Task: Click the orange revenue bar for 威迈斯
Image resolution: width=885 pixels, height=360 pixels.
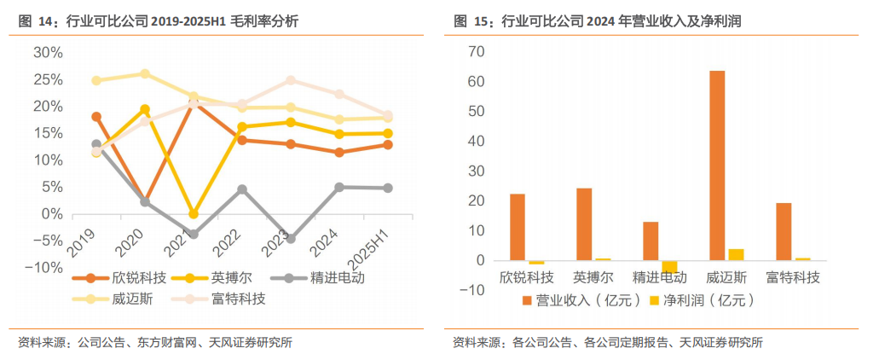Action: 717,165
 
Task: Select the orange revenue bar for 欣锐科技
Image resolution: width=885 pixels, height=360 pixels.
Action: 518,227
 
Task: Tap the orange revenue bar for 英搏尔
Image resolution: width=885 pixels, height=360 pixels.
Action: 584,224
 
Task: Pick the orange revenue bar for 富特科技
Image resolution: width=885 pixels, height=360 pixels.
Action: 784,231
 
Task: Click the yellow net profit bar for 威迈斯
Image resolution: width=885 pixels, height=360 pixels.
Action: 736,254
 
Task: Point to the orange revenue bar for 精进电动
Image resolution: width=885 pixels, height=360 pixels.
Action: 651,241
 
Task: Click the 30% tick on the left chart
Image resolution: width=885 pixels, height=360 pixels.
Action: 48,52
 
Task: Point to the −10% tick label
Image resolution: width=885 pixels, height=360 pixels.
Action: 43,268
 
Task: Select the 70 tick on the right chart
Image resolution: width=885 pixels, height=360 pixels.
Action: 477,52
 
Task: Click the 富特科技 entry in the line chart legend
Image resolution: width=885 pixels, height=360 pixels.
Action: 238,299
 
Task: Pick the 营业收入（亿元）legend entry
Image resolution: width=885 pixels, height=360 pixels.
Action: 582,300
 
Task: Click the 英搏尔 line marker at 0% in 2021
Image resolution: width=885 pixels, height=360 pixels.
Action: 194,213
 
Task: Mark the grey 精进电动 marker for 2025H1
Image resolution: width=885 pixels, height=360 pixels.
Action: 387,188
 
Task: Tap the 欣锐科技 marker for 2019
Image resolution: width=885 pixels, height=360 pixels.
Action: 96,117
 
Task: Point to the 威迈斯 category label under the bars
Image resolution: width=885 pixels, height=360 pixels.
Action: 727,277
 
